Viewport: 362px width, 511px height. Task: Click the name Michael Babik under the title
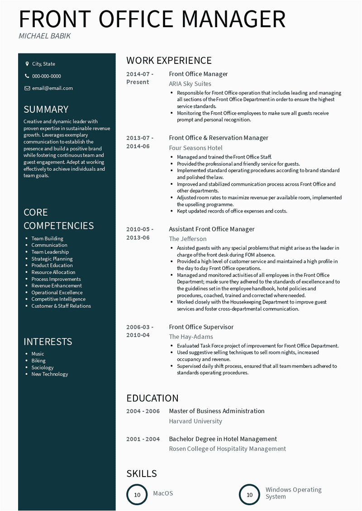[44, 36]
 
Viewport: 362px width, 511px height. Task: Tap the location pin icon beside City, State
[27, 64]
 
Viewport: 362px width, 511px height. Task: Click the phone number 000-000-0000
[46, 76]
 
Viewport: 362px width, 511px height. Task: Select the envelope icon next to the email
[27, 88]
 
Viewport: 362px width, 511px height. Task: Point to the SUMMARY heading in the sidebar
[46, 109]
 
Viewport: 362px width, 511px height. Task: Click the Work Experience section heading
[169, 60]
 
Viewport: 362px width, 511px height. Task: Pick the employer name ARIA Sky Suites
[190, 84]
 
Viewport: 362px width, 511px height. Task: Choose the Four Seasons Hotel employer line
[195, 148]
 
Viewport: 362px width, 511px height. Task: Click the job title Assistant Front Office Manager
[212, 229]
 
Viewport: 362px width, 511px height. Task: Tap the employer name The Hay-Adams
[191, 337]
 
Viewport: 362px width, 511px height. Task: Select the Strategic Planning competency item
[52, 259]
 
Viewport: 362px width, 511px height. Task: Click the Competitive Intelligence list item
[58, 299]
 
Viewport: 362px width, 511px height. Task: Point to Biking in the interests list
[38, 361]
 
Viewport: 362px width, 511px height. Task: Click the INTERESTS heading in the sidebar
[48, 342]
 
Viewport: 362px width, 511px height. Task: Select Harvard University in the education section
[195, 421]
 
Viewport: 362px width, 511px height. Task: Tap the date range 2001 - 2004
[143, 439]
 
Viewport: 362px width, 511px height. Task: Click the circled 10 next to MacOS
[137, 495]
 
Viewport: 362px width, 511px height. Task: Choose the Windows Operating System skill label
[293, 493]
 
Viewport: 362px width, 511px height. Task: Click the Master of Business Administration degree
[217, 411]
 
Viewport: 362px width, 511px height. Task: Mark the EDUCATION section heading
[152, 398]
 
